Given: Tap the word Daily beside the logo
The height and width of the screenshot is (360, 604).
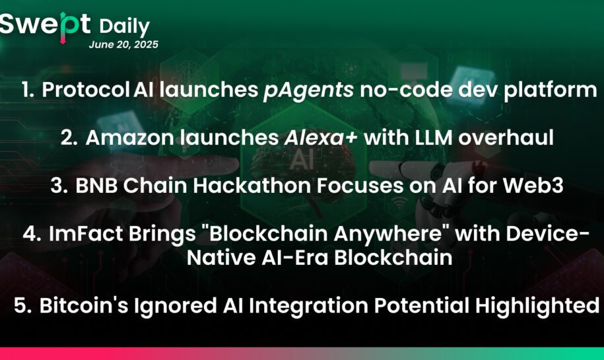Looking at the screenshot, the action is pos(124,27).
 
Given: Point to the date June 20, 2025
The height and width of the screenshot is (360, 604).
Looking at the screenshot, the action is pos(123,45).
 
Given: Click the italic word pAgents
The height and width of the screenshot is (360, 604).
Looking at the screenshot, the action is pos(308,91).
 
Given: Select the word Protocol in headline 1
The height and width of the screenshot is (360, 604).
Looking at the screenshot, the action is pos(86,89).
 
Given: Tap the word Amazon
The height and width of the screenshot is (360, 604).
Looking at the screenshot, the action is pos(130,138).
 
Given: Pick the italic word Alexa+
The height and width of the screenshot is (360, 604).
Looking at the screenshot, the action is pos(321,137).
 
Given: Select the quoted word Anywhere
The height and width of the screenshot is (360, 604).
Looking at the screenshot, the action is pos(387,234).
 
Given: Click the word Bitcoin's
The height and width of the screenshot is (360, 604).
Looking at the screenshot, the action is pos(84,305).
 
